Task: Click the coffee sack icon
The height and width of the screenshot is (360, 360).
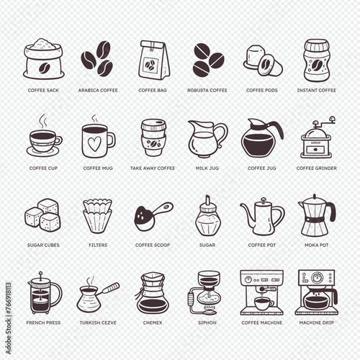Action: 44,59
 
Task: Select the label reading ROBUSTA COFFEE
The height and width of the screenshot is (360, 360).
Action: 207,91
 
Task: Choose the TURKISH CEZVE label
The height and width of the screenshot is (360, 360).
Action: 98,323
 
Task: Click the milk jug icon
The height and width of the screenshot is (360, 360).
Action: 207,139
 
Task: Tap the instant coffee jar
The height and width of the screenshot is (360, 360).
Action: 316,60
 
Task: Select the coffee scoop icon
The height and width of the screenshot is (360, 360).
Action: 153,216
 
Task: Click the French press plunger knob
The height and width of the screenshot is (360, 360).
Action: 41,274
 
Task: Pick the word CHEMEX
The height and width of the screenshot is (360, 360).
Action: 153,323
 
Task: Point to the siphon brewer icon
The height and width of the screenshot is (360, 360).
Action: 204,293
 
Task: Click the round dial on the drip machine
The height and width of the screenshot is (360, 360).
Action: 317,278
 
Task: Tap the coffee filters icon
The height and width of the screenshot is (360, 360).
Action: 97,216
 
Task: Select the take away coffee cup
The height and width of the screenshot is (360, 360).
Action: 153,138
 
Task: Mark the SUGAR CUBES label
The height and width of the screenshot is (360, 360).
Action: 43,245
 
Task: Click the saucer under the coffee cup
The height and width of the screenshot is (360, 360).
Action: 43,153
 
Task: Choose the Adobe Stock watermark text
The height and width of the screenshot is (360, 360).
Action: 9,318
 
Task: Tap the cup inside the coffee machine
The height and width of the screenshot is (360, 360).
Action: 263,304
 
